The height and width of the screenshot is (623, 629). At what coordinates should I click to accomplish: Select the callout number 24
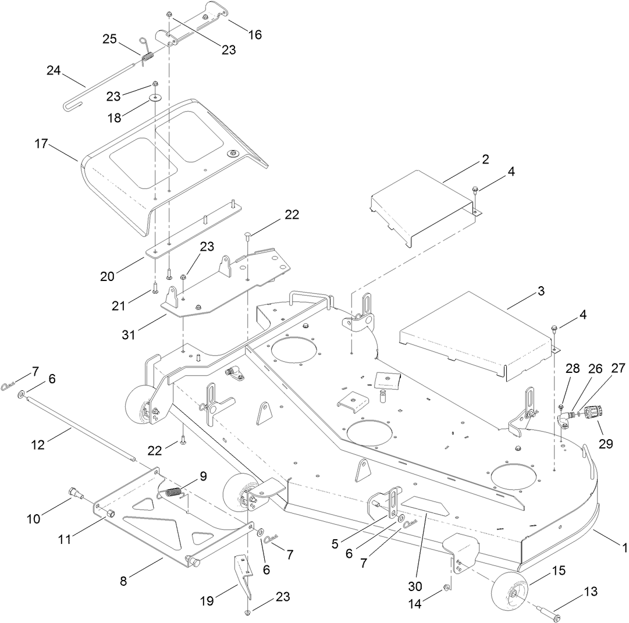coord(54,70)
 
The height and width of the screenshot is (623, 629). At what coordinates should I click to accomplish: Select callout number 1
coord(624,547)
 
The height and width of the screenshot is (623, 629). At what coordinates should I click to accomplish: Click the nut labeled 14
coord(446,588)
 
